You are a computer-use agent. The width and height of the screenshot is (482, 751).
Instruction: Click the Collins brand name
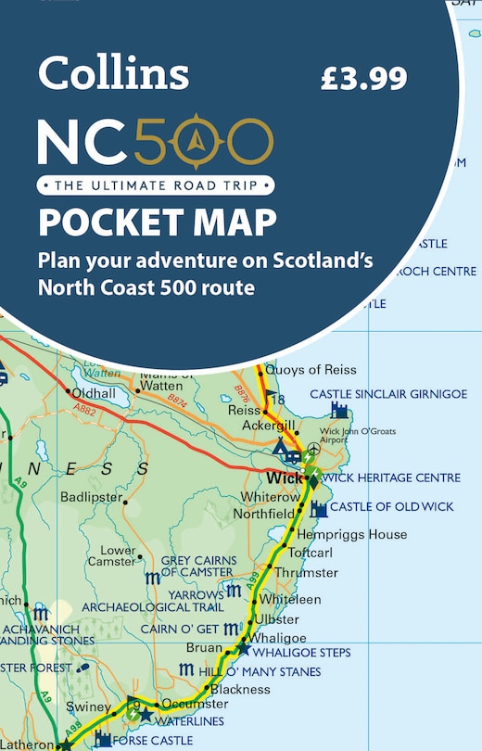coord(113,73)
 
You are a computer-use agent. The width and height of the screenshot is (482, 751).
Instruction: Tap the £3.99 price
coord(363,78)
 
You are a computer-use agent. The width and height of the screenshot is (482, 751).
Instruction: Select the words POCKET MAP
coord(157,223)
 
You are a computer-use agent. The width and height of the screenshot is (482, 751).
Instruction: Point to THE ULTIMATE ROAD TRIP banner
coord(156,185)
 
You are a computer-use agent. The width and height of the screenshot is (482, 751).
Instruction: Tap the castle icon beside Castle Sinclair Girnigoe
coord(340,410)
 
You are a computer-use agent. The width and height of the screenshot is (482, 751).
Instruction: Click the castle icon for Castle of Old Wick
coord(319,508)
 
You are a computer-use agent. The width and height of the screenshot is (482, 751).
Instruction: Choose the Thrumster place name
coord(332,572)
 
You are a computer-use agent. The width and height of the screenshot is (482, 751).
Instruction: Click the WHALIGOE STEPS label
coord(304,653)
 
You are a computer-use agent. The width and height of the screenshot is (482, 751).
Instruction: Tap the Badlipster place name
coord(91,497)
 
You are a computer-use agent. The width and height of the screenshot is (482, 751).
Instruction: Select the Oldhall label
coord(95,392)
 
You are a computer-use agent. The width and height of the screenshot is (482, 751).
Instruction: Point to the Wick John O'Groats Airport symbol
coord(313,450)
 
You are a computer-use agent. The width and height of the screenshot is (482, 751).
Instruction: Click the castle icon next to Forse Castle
coord(103,739)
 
